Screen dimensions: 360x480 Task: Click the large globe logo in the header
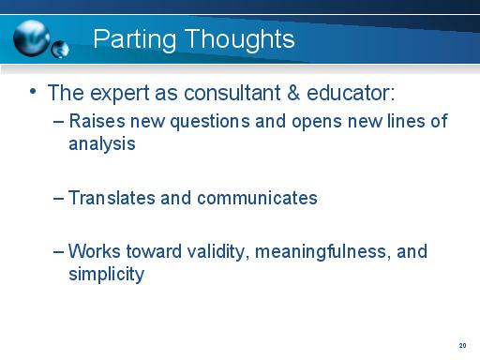[35, 37]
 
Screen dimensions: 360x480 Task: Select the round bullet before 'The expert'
[33, 92]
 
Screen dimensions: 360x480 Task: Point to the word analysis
[102, 144]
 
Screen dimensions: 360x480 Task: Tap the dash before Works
[60, 252]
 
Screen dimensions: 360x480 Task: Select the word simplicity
[106, 274]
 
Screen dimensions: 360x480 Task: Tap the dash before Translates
[60, 199]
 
